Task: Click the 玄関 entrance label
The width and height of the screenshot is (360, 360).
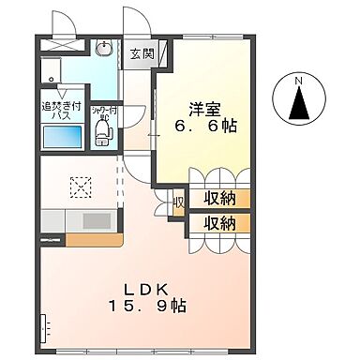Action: pos(141,52)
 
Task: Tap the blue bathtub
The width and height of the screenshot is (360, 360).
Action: pos(64,137)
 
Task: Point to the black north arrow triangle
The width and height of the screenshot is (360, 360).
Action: pos(300,106)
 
